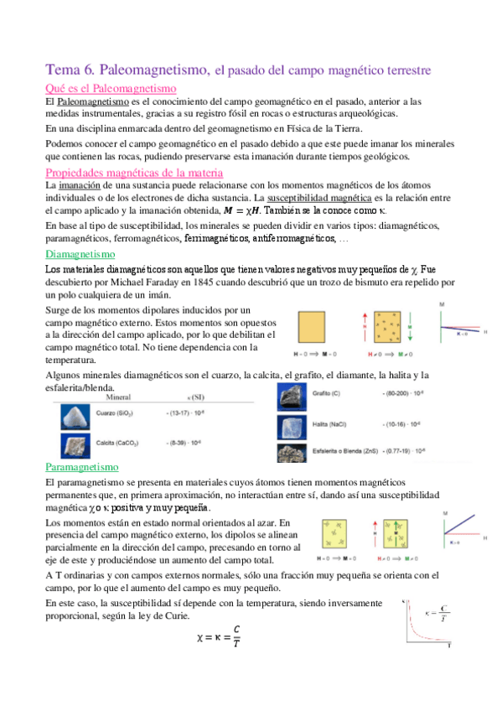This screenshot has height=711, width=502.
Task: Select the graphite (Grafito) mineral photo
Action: point(293,397)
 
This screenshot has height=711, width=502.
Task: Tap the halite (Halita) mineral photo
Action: point(293,426)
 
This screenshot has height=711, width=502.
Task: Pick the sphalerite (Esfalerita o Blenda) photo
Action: point(293,453)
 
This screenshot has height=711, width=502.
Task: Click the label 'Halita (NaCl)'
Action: point(334,424)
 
